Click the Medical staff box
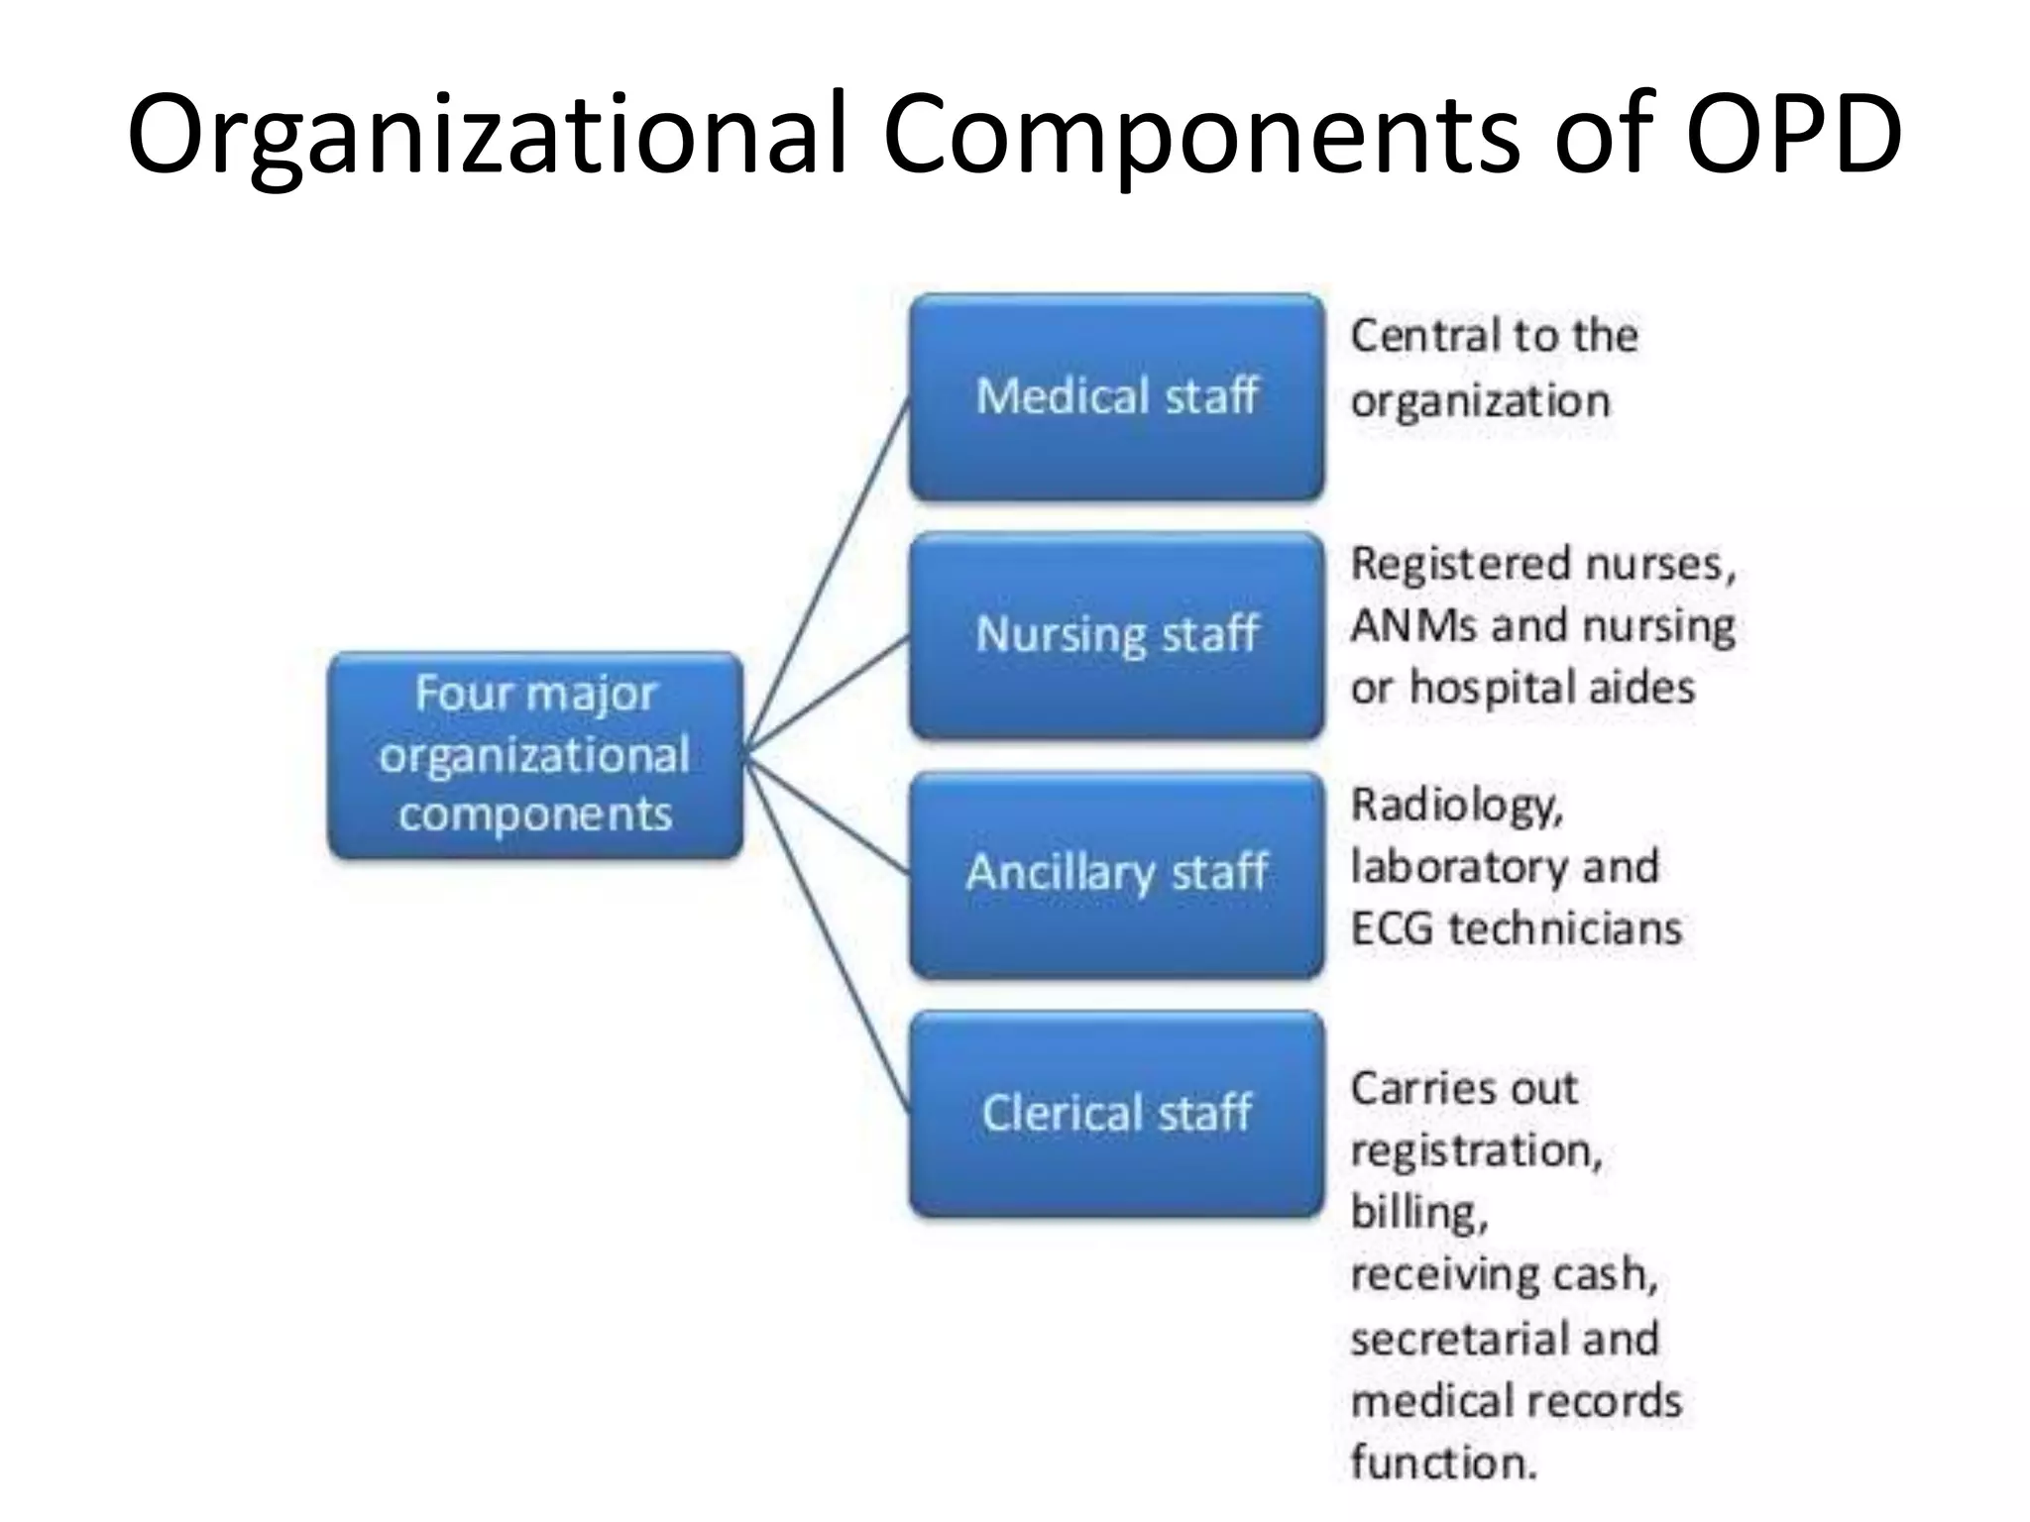coord(1117,396)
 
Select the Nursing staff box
coord(1117,635)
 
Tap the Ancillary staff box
coord(1117,874)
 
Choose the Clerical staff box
coord(1117,1113)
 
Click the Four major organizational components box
coord(535,754)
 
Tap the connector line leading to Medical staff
coord(828,575)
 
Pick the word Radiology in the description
coord(1456,807)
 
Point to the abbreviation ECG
coord(1392,929)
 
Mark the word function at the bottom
coord(1442,1463)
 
